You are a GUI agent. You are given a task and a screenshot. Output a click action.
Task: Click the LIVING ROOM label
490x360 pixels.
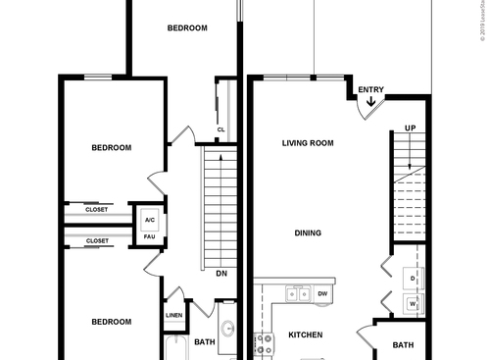pos(308,143)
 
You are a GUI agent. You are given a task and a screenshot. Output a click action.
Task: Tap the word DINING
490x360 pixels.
pos(309,233)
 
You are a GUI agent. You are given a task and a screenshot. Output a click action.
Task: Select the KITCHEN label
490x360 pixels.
pos(305,335)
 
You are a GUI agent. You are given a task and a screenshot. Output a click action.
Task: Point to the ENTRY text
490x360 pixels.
pos(370,90)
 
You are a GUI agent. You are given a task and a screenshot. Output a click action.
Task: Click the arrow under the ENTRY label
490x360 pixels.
pos(370,101)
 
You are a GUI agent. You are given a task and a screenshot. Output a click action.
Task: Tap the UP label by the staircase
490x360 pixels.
pos(411,129)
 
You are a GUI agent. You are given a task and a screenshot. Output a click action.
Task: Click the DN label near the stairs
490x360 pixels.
pos(221,274)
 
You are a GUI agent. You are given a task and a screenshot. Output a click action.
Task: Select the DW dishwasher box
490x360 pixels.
pos(322,292)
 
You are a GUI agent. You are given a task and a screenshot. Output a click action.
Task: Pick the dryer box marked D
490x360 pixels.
pos(414,279)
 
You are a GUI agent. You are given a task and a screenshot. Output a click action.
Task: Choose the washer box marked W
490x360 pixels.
pos(414,304)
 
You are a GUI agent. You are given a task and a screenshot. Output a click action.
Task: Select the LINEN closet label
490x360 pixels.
pos(173,316)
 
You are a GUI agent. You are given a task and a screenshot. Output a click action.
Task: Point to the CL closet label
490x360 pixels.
pos(221,129)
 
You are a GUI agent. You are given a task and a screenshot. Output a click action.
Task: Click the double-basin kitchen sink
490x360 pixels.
pos(298,293)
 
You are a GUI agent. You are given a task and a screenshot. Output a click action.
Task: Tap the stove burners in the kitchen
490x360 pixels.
pos(264,344)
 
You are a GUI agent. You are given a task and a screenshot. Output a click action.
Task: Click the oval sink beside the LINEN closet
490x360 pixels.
pos(226,331)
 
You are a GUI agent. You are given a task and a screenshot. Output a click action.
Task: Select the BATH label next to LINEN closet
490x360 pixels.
pos(204,342)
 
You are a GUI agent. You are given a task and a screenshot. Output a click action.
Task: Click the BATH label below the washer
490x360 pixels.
pos(404,345)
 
